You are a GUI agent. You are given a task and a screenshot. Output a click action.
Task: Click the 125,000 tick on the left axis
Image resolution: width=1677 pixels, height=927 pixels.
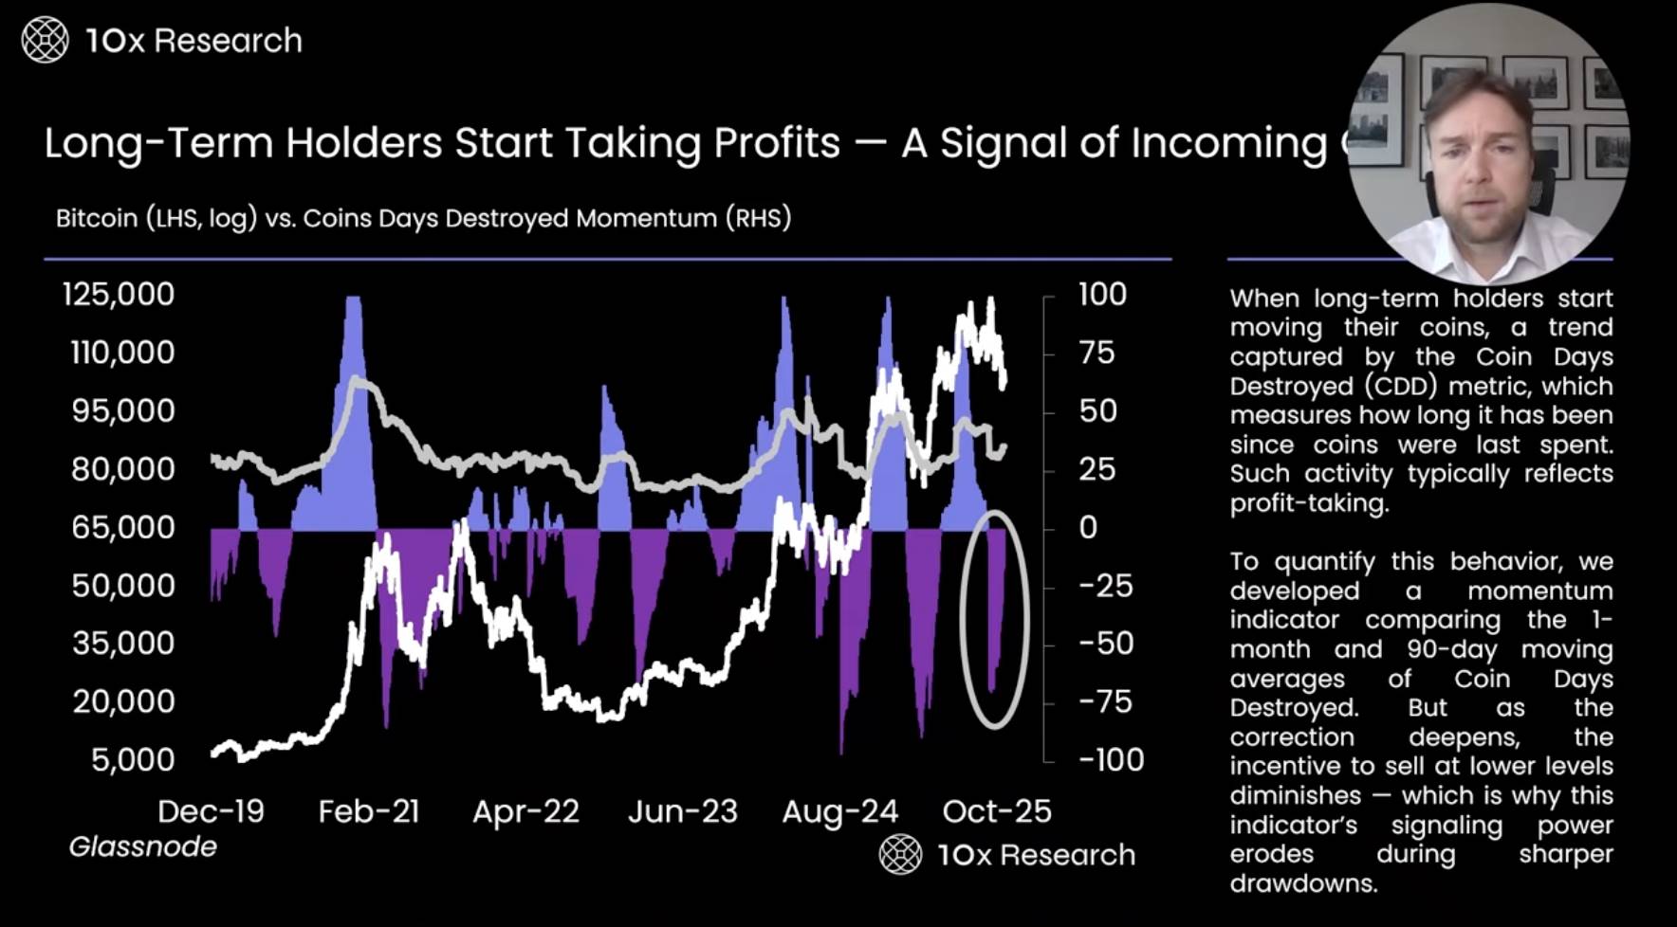click(119, 294)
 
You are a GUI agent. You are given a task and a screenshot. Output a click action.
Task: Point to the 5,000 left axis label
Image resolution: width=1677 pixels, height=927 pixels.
click(133, 759)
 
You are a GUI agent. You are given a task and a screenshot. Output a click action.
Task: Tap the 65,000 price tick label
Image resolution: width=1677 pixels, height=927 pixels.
click(123, 527)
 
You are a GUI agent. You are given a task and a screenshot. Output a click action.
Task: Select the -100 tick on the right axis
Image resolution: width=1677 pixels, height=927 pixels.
click(1111, 759)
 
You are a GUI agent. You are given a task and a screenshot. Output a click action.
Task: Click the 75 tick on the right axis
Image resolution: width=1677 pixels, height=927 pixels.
click(1096, 353)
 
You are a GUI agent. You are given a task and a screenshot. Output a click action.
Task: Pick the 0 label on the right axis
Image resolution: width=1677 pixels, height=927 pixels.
click(1088, 527)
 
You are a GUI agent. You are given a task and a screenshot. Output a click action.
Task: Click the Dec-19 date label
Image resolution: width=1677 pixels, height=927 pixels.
click(211, 811)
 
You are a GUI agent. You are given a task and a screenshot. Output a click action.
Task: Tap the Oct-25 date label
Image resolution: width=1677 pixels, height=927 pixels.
click(997, 811)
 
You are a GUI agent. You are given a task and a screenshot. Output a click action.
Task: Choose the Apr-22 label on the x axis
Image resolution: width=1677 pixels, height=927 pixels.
click(525, 811)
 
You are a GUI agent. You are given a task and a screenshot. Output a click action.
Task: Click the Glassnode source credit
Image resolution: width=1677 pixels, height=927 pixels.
click(143, 846)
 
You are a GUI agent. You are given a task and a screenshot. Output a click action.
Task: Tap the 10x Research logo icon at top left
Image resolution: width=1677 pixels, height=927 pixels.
click(45, 41)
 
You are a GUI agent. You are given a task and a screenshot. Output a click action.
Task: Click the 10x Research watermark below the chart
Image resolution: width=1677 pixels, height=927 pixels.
click(1007, 855)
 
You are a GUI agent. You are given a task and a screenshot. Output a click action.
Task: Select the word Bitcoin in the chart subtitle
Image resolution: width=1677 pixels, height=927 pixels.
click(97, 218)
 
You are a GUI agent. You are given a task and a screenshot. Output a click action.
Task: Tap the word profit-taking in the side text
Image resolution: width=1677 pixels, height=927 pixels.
click(1309, 503)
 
